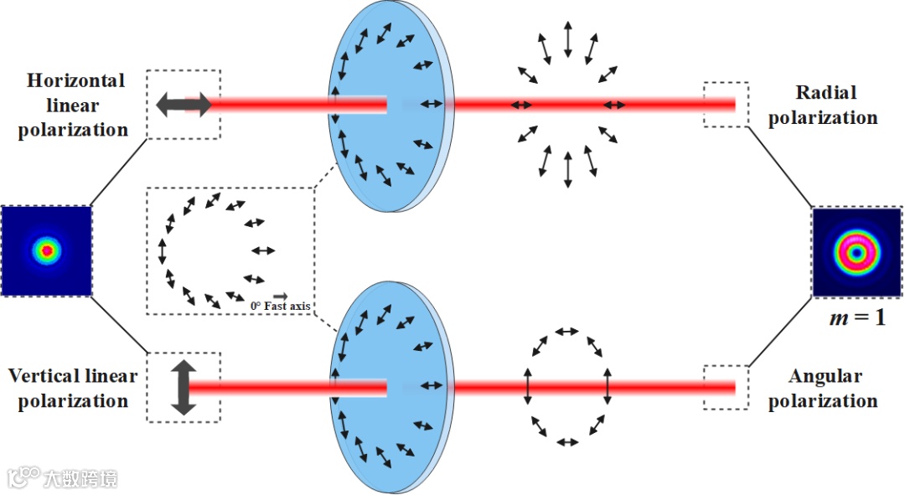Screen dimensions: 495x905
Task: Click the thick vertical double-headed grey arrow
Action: tap(184, 387)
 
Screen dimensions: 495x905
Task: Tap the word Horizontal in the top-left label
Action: tap(75, 81)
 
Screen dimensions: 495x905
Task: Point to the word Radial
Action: tap(826, 92)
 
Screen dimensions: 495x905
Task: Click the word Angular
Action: tap(826, 376)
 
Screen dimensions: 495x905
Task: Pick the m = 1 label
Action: tap(857, 317)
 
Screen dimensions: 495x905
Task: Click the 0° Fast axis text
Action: tap(280, 307)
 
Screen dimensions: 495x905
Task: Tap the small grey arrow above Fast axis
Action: tap(280, 296)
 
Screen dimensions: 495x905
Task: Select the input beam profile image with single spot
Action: tap(47, 250)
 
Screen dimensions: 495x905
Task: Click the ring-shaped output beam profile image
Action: tap(857, 252)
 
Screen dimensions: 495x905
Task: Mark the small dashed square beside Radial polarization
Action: tap(725, 105)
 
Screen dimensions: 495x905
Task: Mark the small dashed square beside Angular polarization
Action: tap(725, 387)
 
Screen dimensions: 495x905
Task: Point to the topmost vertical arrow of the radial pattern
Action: tap(568, 39)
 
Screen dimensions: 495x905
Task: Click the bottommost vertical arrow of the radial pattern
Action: tap(568, 169)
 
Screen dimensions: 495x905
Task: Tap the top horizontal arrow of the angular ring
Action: tap(568, 332)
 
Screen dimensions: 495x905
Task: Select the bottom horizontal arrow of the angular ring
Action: tap(568, 441)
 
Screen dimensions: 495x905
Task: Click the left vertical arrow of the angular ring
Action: tap(527, 386)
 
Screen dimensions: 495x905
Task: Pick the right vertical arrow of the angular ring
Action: tap(609, 386)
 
